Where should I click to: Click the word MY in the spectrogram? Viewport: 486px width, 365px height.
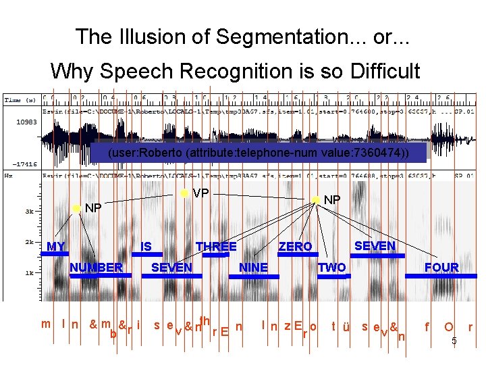coord(56,247)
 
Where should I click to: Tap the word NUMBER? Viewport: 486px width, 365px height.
coord(97,268)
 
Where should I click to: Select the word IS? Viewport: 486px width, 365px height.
coord(146,247)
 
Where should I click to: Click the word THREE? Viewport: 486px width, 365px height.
coord(216,247)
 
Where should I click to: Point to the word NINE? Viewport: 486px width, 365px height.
coord(254,268)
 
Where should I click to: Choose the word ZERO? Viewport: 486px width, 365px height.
coord(296,247)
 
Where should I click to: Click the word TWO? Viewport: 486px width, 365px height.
coord(331,268)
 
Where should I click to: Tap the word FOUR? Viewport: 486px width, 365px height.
coord(441,268)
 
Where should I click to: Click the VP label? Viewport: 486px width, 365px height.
coord(200,193)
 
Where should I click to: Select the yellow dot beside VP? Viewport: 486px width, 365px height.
coord(184,193)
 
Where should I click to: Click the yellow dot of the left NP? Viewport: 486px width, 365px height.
coord(76,208)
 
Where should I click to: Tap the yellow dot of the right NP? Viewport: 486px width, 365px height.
coord(315,200)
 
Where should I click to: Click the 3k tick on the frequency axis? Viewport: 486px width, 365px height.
coord(30,212)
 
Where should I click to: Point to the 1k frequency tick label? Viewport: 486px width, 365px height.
coord(30,273)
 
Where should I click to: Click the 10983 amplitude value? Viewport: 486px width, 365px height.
coord(26,122)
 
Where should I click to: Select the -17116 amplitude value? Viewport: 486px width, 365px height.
coord(24,164)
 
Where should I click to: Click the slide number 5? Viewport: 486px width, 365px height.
coord(454,341)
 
